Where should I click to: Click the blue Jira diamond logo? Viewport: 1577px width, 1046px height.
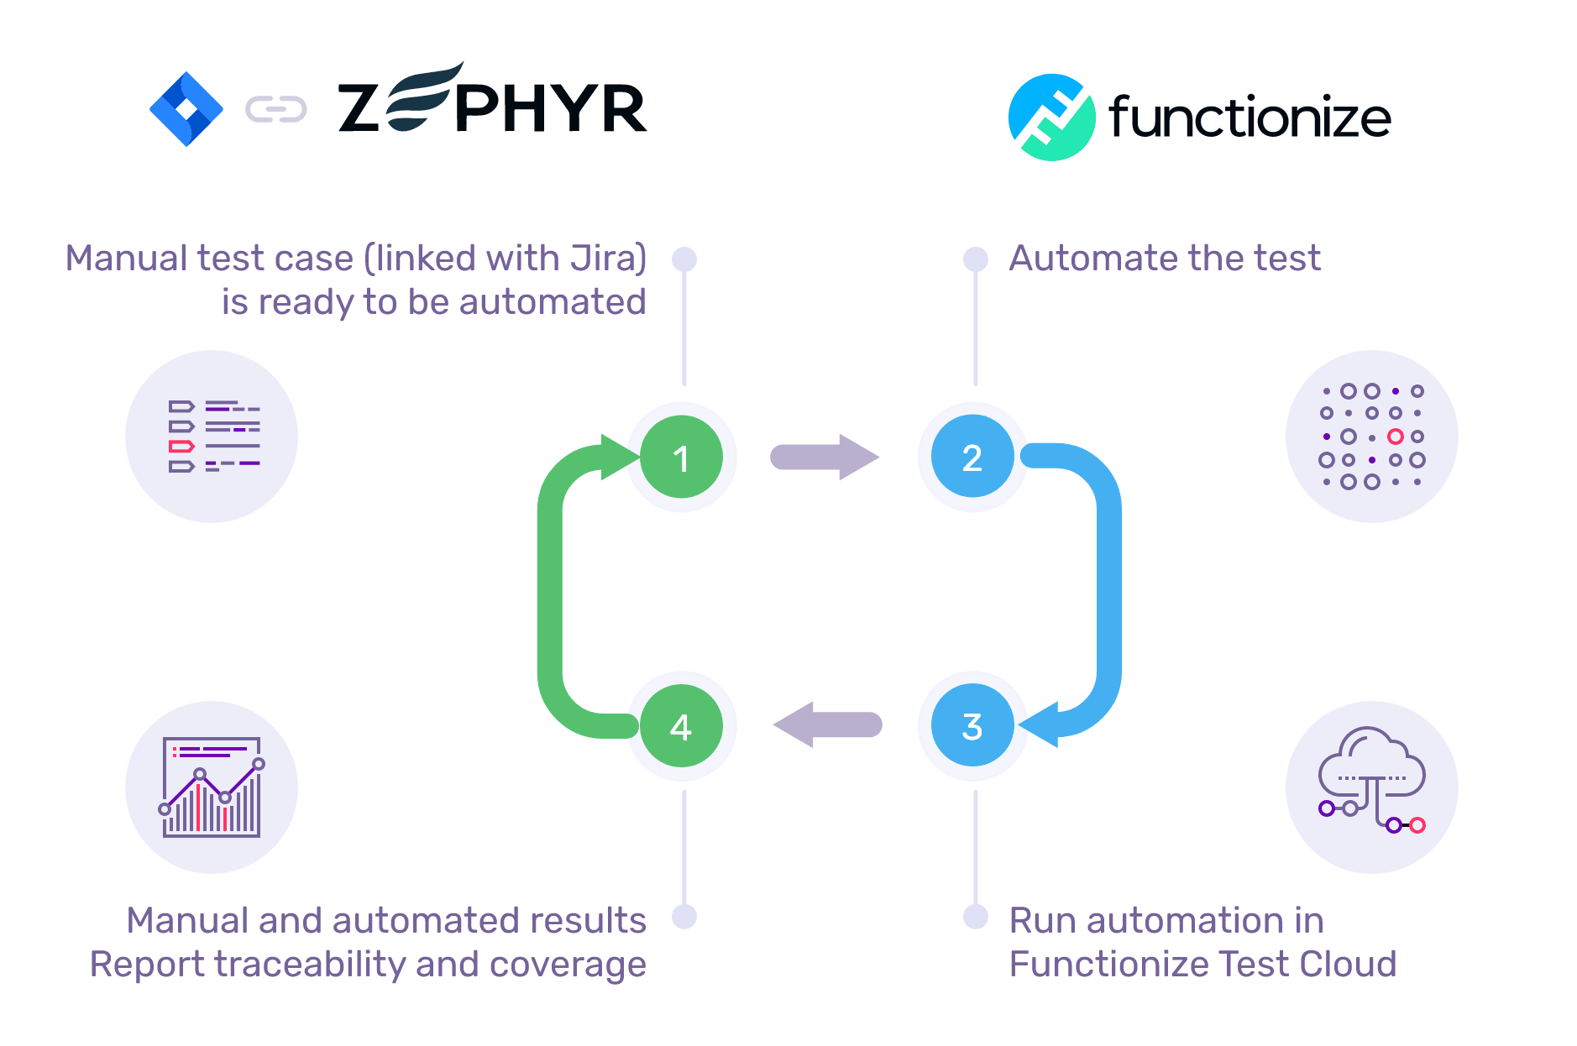(186, 109)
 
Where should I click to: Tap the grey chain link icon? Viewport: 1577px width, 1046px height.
(275, 109)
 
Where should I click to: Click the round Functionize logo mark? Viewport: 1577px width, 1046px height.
(1051, 118)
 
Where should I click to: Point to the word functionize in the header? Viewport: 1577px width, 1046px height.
(1250, 117)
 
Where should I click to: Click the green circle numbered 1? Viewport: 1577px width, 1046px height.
(681, 458)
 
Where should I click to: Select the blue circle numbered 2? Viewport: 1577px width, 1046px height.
(972, 458)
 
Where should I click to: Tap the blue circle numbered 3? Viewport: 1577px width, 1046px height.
(972, 726)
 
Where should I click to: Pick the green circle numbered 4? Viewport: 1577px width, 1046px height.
(681, 726)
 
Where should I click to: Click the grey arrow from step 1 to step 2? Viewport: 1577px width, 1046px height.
(824, 458)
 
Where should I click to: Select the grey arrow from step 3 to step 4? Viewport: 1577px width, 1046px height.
(827, 724)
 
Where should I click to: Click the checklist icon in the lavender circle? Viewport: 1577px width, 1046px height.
(212, 437)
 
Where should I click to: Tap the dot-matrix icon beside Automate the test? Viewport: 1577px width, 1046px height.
(1371, 437)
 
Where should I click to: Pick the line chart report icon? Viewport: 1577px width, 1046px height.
(212, 787)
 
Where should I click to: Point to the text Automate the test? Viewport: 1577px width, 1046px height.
(1165, 259)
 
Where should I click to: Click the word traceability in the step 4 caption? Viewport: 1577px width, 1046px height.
(312, 965)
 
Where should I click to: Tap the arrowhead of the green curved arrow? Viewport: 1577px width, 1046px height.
(619, 457)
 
